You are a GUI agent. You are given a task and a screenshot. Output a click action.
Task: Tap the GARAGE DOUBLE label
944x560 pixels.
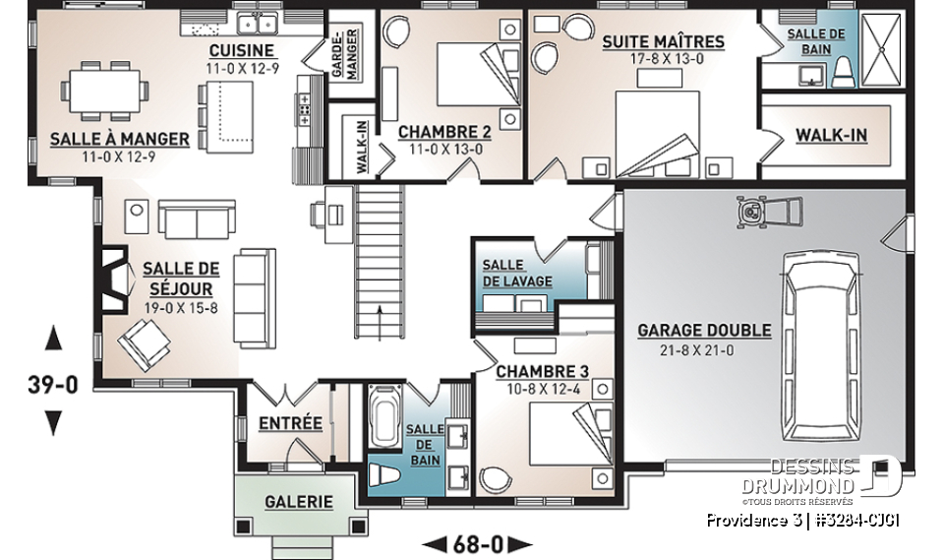[704, 331]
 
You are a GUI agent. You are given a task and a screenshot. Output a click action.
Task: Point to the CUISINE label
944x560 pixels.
[241, 51]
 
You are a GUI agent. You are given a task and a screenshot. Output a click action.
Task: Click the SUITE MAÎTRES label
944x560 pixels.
[663, 41]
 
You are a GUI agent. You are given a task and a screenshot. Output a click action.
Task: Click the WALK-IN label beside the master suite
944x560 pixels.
[831, 134]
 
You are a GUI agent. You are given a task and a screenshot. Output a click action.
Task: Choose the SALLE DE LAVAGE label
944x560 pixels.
[516, 274]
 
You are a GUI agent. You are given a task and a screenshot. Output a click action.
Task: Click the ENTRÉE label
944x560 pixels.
[290, 423]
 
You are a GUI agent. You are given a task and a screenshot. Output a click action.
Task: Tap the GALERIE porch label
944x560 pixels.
[299, 502]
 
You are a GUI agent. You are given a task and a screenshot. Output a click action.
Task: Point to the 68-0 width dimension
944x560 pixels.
[476, 543]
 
